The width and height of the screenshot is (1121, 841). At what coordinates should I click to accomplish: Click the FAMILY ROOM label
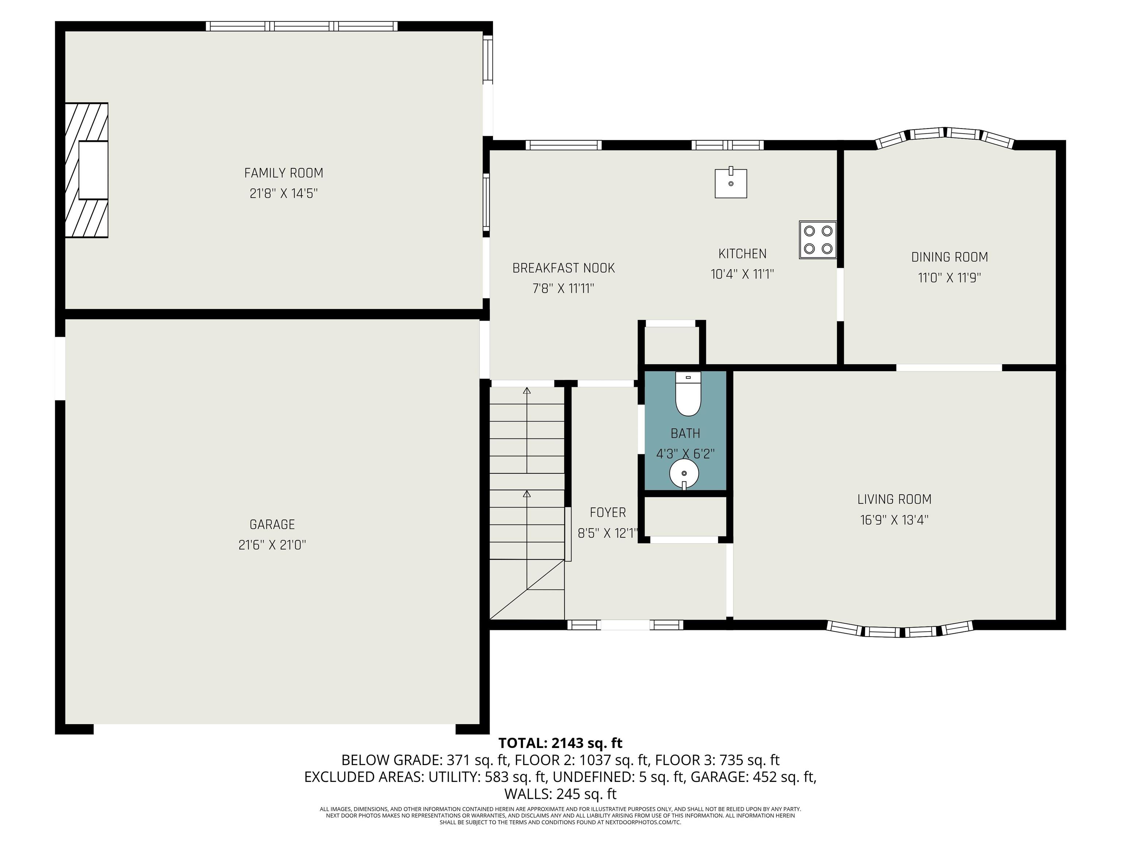(284, 173)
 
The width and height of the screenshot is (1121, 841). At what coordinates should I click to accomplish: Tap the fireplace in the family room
(86, 170)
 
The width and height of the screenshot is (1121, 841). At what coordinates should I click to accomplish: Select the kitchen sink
(731, 183)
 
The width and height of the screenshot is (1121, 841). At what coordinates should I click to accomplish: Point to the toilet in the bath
(688, 394)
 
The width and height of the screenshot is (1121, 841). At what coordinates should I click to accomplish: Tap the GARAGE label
(272, 524)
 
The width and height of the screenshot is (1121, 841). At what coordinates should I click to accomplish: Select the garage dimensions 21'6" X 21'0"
(272, 545)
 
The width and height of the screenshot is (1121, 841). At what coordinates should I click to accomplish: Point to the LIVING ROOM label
(894, 499)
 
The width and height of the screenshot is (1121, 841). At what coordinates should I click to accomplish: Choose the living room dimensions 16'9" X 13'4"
(894, 520)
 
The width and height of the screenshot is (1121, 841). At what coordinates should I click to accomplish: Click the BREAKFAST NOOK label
(563, 268)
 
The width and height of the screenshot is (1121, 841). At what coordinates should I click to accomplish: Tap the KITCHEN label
(743, 253)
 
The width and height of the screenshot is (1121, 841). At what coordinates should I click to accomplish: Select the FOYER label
(608, 512)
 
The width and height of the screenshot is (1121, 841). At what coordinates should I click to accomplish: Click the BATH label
(686, 433)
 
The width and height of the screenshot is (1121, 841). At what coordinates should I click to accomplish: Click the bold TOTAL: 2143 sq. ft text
(560, 743)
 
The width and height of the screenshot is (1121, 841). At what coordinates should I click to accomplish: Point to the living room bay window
(900, 630)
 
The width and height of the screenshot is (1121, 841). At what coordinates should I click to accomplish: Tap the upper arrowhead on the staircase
(527, 391)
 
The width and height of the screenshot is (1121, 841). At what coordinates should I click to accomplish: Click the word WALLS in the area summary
(527, 793)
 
